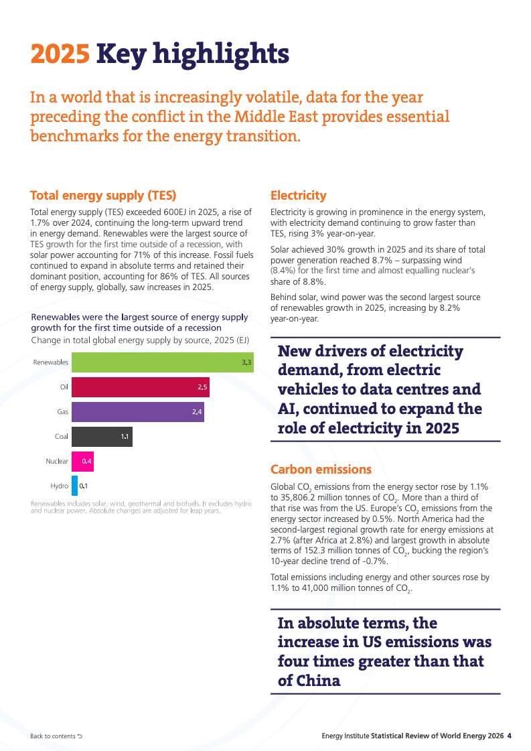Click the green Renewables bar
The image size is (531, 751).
(x=162, y=362)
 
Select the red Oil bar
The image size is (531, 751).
(x=141, y=387)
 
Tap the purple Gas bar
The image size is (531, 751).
(x=138, y=412)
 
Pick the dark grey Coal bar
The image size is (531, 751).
(x=102, y=437)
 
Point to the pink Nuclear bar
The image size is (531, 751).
(x=82, y=461)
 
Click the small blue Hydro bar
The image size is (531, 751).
(x=75, y=486)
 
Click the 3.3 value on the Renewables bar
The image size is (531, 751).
(x=246, y=362)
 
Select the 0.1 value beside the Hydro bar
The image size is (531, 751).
(x=84, y=486)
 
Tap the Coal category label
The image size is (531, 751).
(x=62, y=436)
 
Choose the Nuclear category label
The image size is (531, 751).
(x=57, y=461)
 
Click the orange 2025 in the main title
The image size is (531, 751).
(x=60, y=54)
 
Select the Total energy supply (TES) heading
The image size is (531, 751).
(x=103, y=196)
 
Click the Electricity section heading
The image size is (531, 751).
(x=298, y=196)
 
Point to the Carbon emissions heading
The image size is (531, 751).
(x=321, y=470)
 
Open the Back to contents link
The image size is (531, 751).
(x=56, y=736)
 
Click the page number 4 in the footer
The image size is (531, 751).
(x=510, y=736)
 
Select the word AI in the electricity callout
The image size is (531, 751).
(x=288, y=409)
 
